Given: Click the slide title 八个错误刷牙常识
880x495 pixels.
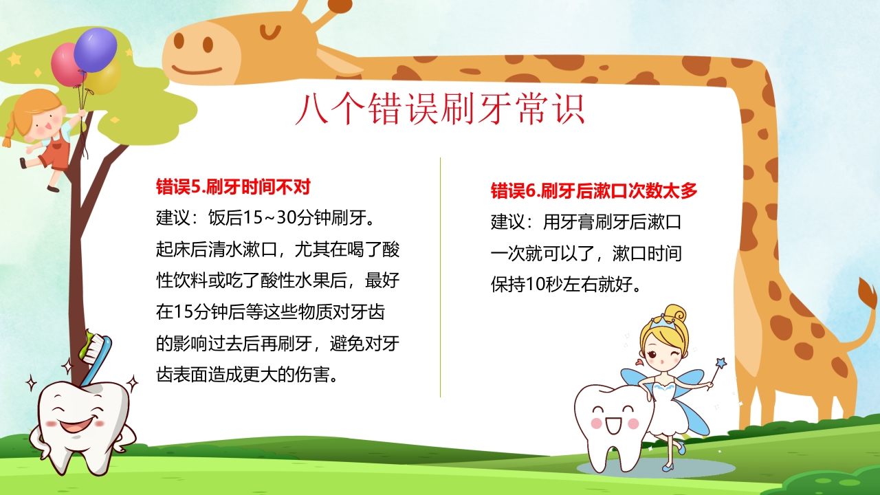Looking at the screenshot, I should tap(440, 109).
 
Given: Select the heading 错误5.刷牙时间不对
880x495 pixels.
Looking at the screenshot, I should tap(234, 186).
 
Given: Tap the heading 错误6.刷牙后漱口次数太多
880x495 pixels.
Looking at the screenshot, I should tap(594, 190).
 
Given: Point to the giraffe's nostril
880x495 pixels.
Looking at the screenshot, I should tap(179, 41).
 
